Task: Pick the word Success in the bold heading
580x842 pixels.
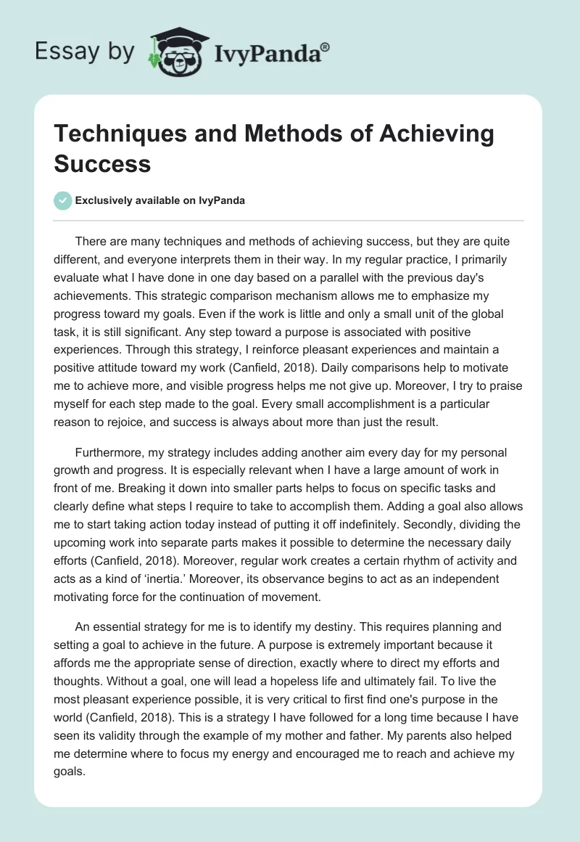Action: click(103, 163)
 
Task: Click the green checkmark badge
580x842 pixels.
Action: click(64, 200)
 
